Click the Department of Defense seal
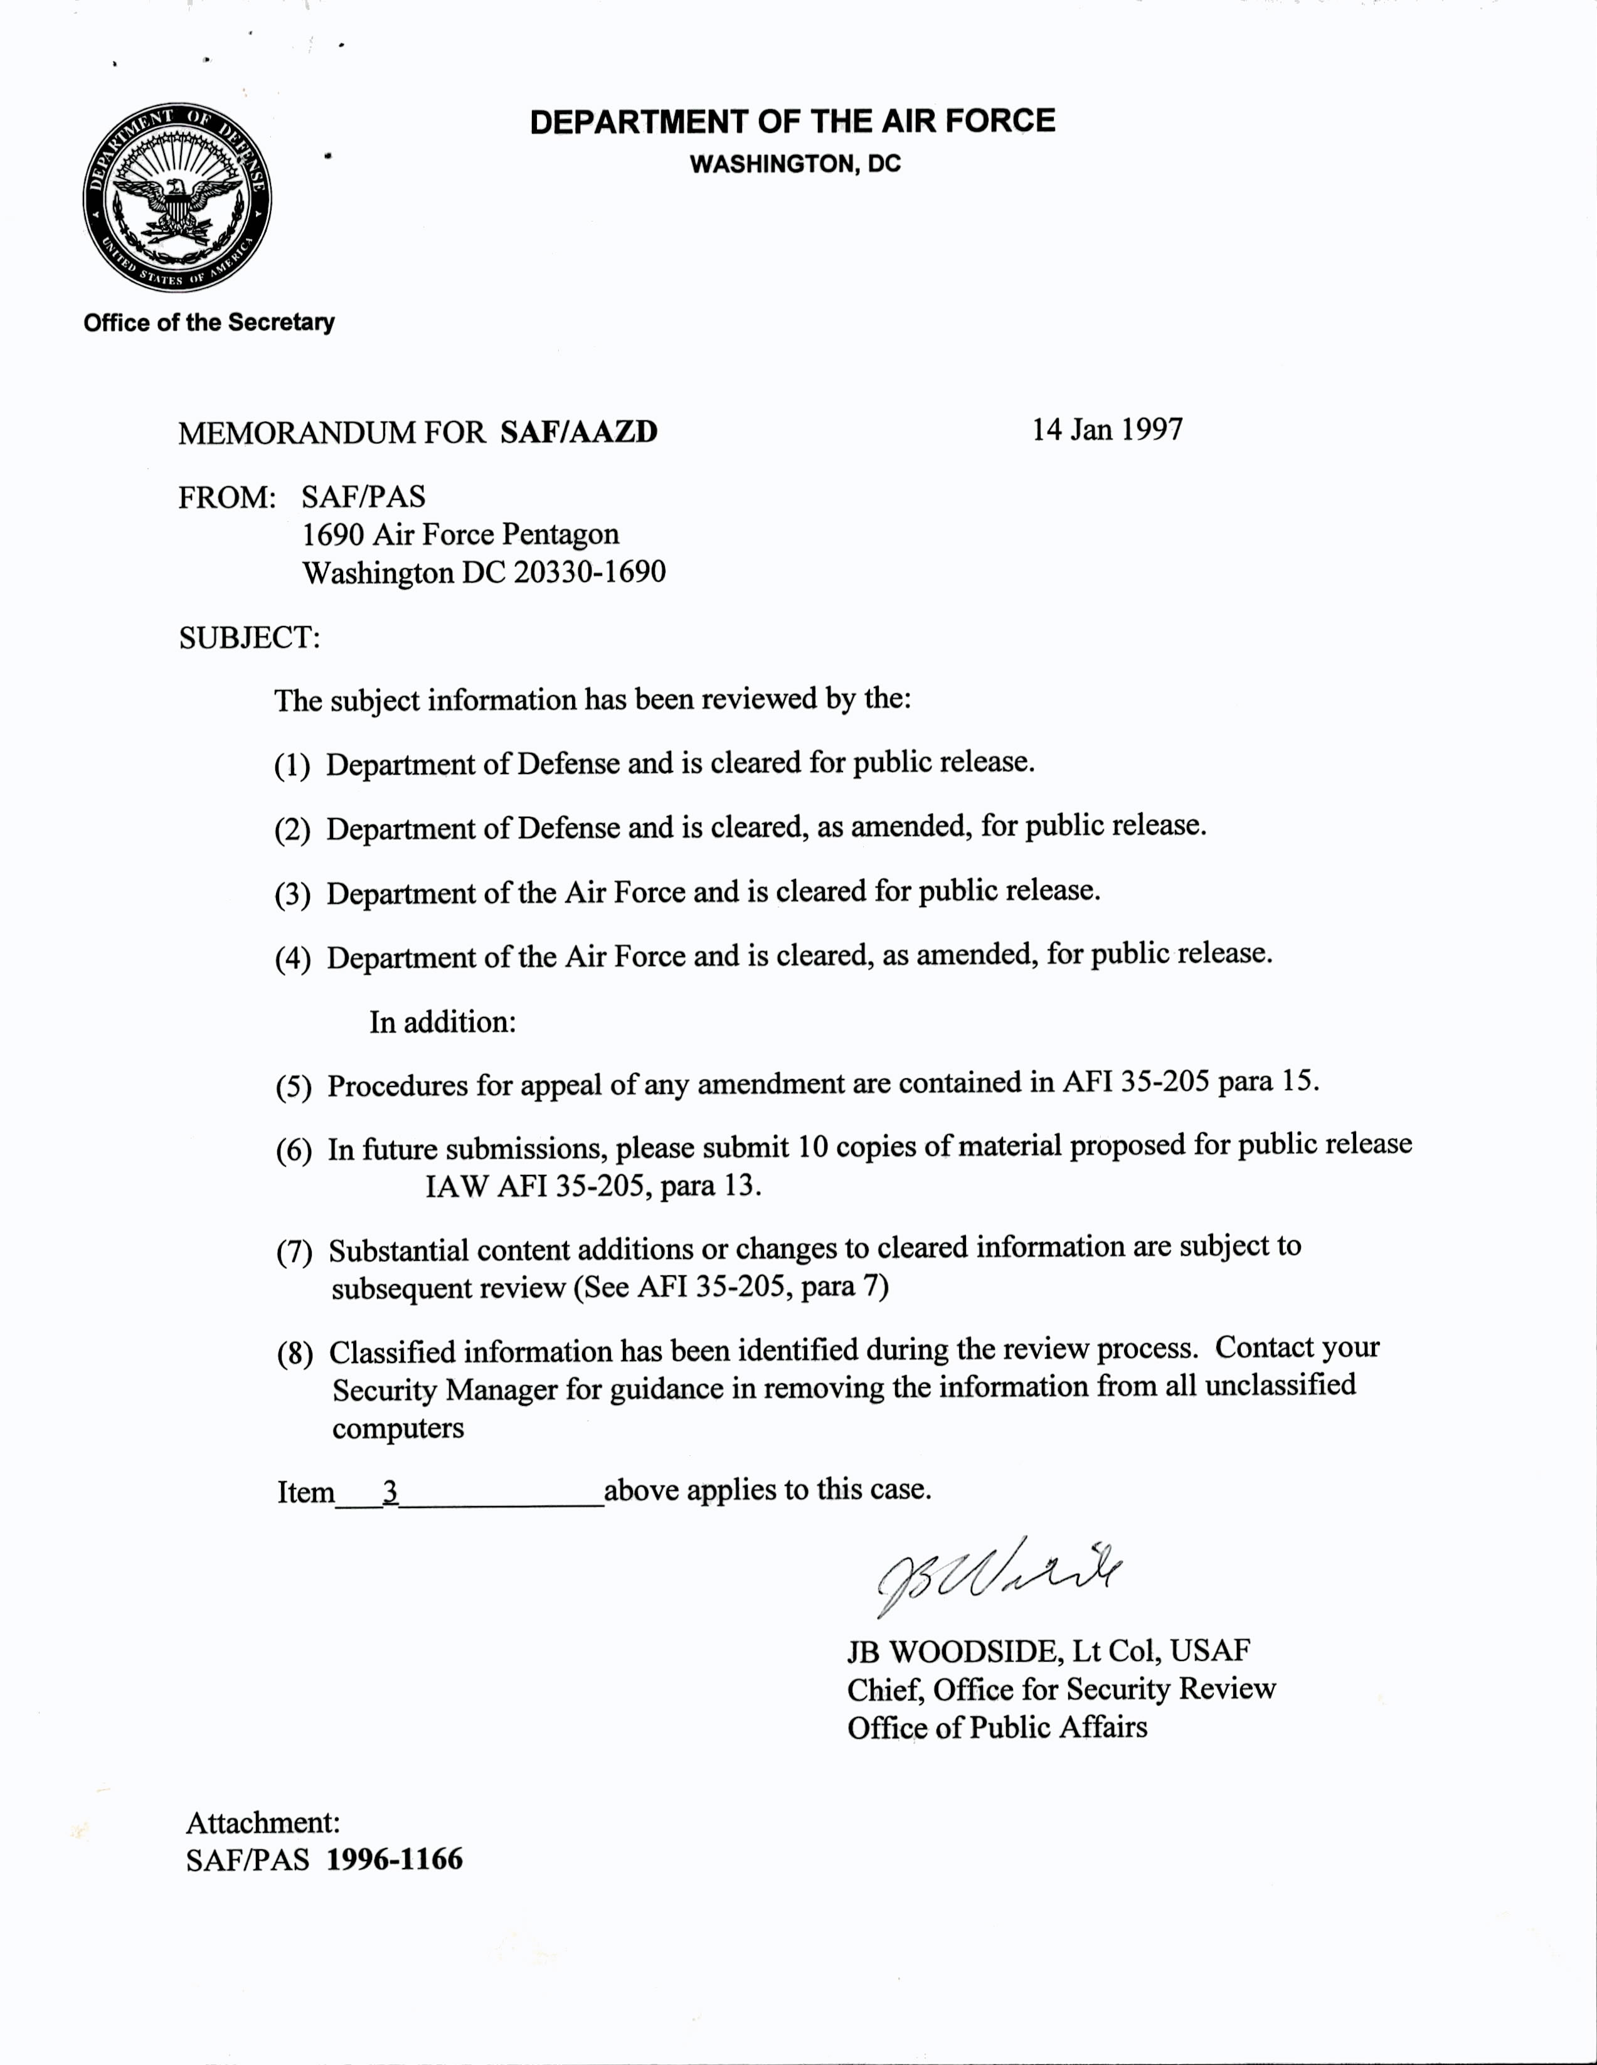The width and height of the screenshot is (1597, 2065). pos(177,199)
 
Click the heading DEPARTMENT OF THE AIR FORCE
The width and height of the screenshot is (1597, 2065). pos(792,122)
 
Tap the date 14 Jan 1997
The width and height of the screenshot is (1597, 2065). pos(1106,430)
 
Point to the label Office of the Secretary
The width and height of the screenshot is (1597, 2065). pos(209,322)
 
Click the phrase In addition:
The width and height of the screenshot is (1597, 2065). pos(442,1022)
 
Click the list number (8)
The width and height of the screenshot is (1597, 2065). pos(294,1354)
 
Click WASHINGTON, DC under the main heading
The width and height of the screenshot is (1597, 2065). pos(794,164)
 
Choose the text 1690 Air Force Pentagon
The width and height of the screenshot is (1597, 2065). pos(460,534)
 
